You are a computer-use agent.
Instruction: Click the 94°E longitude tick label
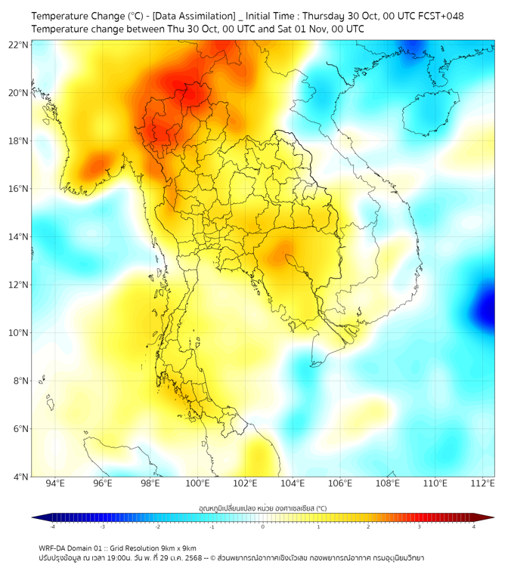55,483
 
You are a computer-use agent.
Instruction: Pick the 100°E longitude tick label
198,483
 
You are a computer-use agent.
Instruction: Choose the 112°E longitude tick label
483,483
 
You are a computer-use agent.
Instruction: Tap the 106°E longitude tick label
340,483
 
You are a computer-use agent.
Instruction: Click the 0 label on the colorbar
263,526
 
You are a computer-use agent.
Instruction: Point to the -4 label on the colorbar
51,526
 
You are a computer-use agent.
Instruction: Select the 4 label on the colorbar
474,526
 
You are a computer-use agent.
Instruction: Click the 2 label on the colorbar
369,526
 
